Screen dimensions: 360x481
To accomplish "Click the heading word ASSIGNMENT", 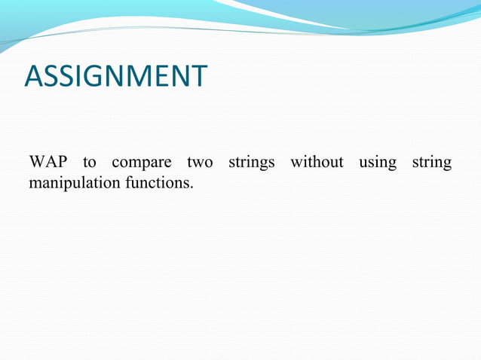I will (x=115, y=77).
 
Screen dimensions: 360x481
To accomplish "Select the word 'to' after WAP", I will (x=90, y=163).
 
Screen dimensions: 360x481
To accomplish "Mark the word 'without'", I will (x=317, y=163).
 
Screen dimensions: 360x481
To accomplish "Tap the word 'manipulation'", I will (x=72, y=183).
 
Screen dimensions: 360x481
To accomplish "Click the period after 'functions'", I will (x=191, y=187).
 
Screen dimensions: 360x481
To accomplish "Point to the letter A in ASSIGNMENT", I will (x=34, y=77).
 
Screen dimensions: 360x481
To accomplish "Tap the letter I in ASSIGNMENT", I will (x=78, y=77).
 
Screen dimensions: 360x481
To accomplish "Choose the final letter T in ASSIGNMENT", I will (x=198, y=77).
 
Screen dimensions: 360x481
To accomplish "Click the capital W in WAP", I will (x=37, y=163).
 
